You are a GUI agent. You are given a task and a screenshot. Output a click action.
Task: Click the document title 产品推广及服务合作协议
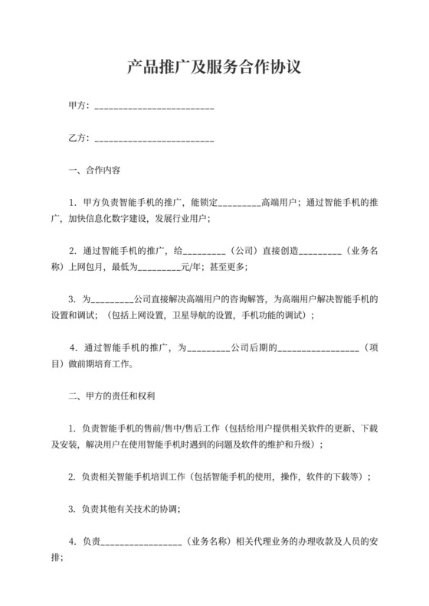coord(214,67)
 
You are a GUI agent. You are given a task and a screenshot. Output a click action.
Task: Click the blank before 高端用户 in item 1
coord(241,204)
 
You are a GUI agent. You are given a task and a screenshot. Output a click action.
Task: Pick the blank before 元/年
coord(159,268)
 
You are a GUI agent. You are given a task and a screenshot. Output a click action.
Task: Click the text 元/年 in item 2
coord(190,267)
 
